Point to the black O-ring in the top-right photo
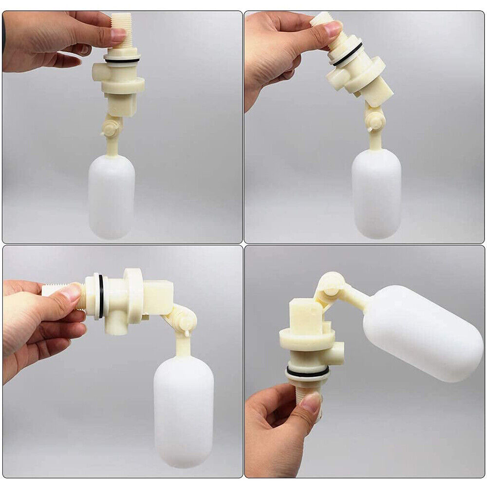tap(347, 54)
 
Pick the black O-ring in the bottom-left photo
tap(100, 296)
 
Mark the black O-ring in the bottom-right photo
tap(307, 372)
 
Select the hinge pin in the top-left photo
tap(111, 129)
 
